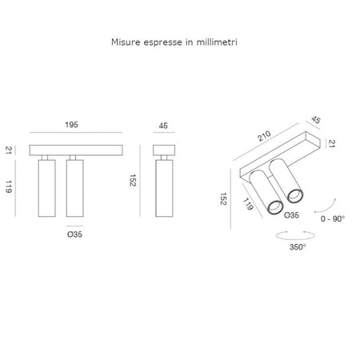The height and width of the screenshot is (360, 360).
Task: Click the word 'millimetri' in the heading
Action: tap(217, 42)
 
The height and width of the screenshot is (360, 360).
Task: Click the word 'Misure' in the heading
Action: tap(125, 42)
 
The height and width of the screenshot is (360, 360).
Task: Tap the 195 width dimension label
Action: tap(72, 125)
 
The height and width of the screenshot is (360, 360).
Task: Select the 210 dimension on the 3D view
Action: tap(264, 136)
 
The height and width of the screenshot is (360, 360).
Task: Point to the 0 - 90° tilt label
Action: tap(333, 219)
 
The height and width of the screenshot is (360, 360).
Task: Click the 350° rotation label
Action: tap(298, 247)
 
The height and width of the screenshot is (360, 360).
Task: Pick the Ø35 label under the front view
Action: tap(74, 234)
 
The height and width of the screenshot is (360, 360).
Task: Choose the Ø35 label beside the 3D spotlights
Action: tap(291, 215)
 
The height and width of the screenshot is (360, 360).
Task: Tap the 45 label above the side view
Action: tap(163, 126)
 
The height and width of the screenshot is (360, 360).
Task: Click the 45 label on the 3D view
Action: tap(316, 120)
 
